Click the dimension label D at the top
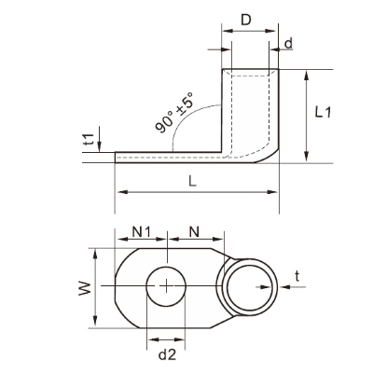[x=246, y=20]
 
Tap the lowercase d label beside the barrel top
[x=289, y=44]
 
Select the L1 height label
[x=323, y=112]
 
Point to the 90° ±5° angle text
[x=174, y=113]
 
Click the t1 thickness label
[x=90, y=140]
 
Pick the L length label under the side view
[x=193, y=181]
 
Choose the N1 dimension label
[x=142, y=231]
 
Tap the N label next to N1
[x=194, y=231]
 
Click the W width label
[x=85, y=288]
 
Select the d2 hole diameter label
[x=167, y=354]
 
